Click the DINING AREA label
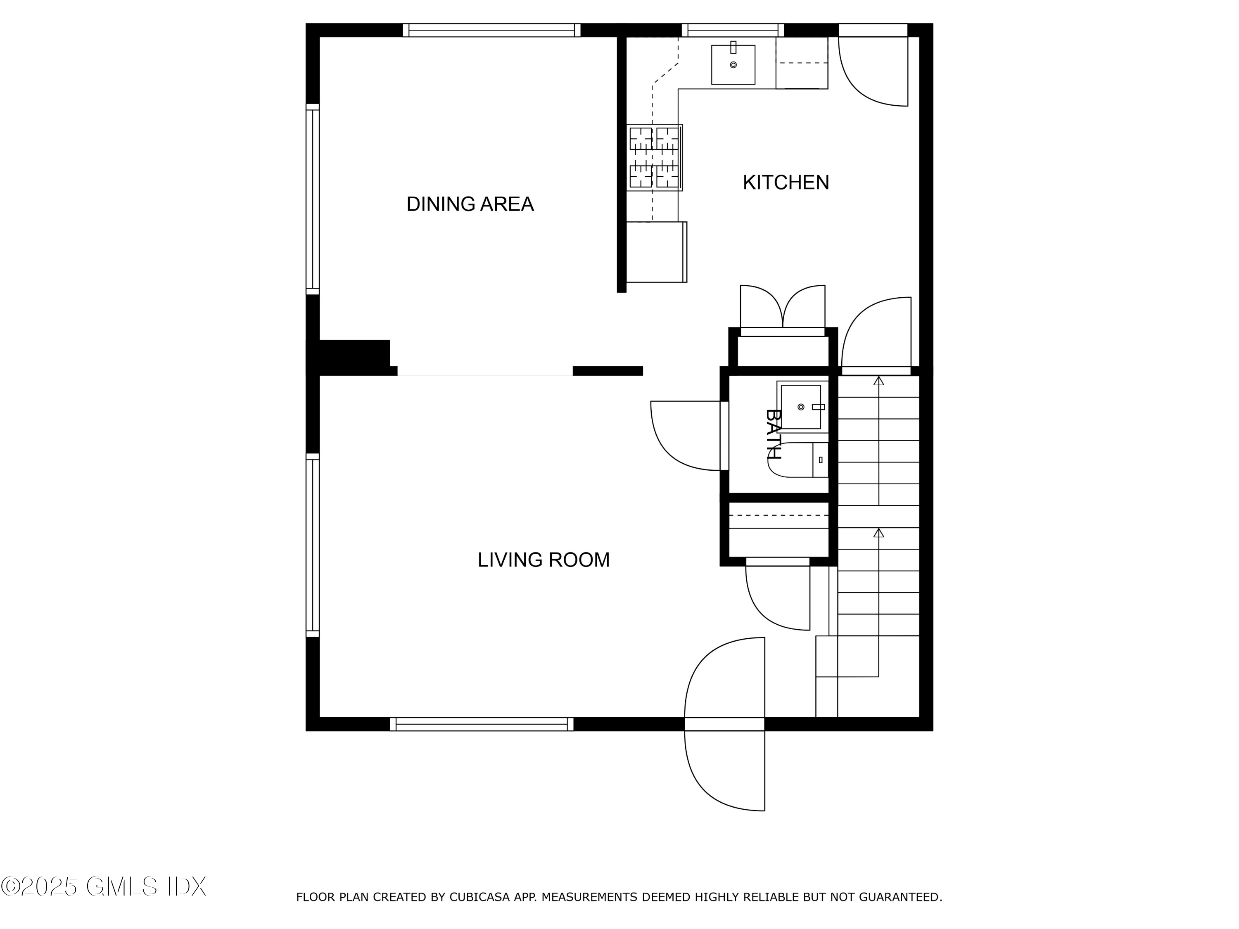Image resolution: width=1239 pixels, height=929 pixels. pyautogui.click(x=470, y=204)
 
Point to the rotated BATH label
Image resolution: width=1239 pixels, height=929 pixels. pyautogui.click(x=774, y=434)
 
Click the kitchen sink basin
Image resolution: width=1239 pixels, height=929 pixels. pyautogui.click(x=733, y=65)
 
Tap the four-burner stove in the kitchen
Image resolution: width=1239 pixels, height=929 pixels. pyautogui.click(x=654, y=157)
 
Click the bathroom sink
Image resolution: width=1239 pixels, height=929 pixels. pyautogui.click(x=800, y=407)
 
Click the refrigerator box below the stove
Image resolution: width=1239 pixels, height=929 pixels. pyautogui.click(x=655, y=252)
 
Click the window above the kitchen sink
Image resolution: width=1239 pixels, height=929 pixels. pyautogui.click(x=732, y=30)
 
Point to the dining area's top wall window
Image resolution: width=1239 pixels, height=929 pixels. pyautogui.click(x=491, y=30)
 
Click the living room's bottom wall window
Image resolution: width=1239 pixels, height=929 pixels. pyautogui.click(x=481, y=724)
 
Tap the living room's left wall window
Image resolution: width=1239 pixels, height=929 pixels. pyautogui.click(x=313, y=545)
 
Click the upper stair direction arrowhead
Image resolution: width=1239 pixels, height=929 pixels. pyautogui.click(x=878, y=381)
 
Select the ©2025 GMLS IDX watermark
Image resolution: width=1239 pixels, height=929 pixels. pyautogui.click(x=104, y=886)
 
